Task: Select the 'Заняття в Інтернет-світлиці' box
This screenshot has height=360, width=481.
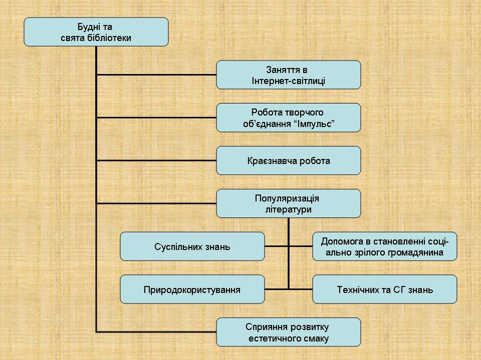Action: pyautogui.click(x=288, y=75)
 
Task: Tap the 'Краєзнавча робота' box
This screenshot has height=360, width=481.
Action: pyautogui.click(x=288, y=160)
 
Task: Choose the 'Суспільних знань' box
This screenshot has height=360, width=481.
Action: pyautogui.click(x=192, y=246)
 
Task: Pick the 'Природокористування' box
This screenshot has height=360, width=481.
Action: pyautogui.click(x=192, y=289)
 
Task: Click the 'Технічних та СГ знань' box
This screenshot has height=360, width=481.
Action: pyautogui.click(x=384, y=289)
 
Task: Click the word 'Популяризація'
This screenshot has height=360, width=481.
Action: pyautogui.click(x=287, y=198)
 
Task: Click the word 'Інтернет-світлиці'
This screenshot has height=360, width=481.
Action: pyautogui.click(x=288, y=81)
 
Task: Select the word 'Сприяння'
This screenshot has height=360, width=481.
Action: pyautogui.click(x=267, y=327)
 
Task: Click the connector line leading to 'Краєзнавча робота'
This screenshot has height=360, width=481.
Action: pyautogui.click(x=156, y=160)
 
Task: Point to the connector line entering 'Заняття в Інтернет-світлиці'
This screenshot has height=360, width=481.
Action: pyautogui.click(x=156, y=75)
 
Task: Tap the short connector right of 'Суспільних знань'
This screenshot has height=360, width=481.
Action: pyautogui.click(x=276, y=246)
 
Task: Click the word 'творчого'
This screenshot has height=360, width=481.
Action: pyautogui.click(x=305, y=112)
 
